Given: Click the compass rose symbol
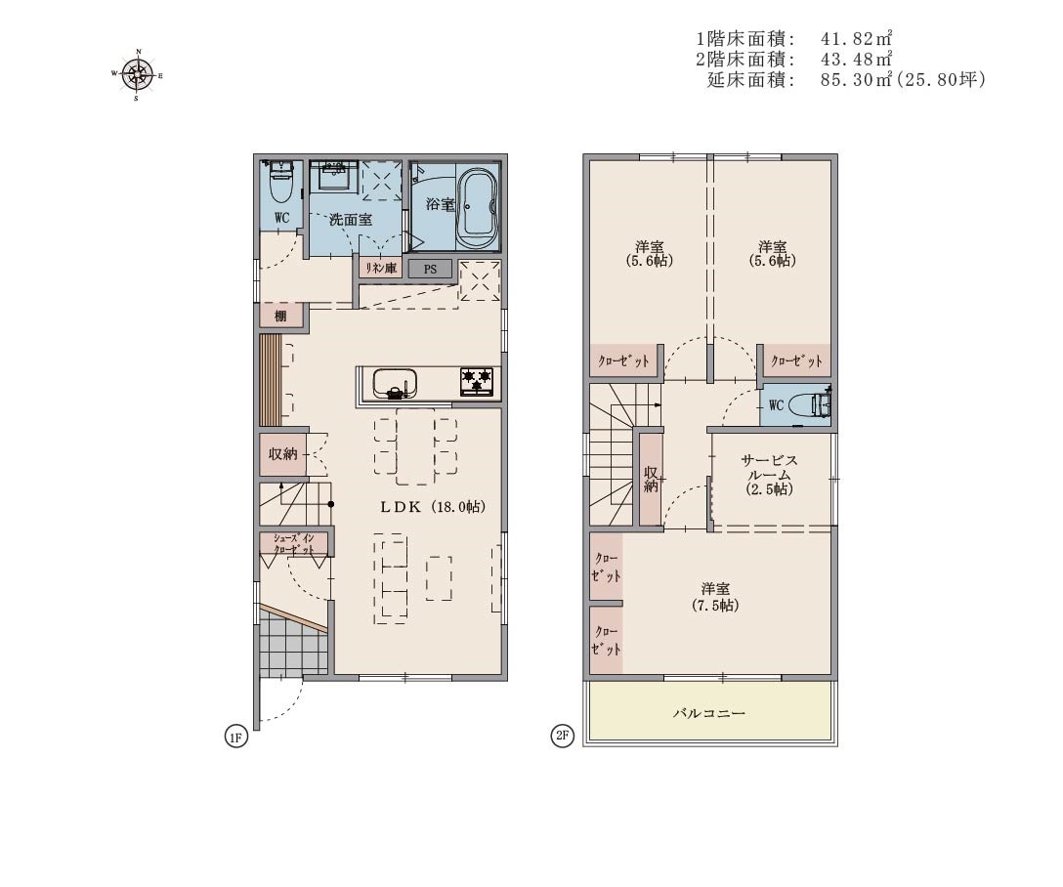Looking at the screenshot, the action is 138,74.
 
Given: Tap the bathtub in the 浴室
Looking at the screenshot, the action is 478,208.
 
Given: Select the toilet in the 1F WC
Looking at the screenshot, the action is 280,181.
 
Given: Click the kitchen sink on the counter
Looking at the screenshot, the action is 394,384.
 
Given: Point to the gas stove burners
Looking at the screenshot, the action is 477,381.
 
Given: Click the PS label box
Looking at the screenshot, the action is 431,269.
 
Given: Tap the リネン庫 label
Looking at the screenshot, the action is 381,269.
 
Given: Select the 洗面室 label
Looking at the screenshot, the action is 351,220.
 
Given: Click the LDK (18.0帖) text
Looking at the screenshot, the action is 432,506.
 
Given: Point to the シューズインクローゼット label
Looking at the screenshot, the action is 293,543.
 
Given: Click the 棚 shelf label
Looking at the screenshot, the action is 280,316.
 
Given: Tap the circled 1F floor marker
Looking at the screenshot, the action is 235,737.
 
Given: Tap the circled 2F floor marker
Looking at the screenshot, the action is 563,736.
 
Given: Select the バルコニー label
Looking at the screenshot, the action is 709,713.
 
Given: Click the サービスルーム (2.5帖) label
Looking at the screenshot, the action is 770,475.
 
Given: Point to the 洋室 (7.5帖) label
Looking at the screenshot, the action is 715,597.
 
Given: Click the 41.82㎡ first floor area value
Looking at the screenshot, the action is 856,38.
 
